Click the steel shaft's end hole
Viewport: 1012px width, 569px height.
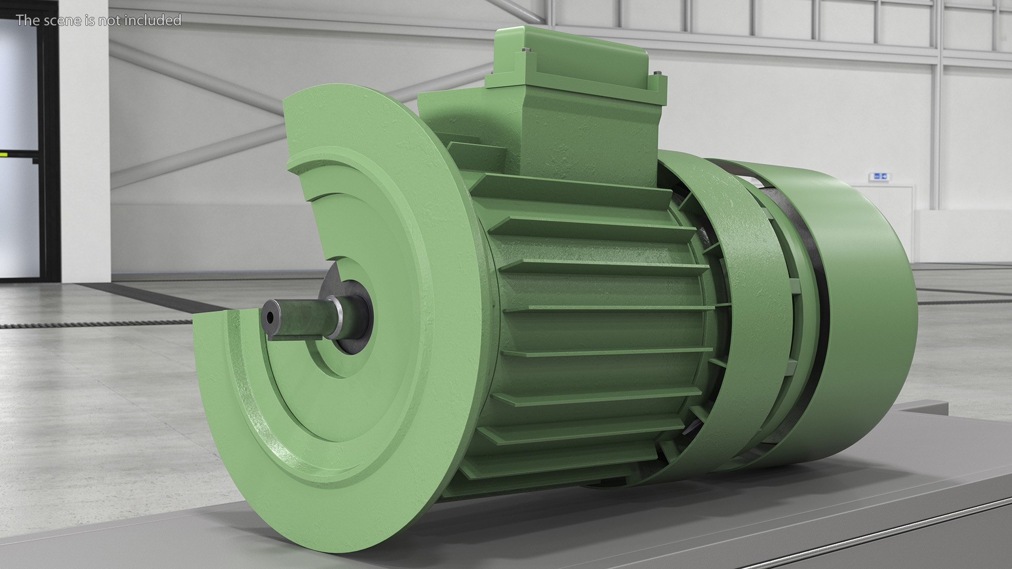coord(270,317)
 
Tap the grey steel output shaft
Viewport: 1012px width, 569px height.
coord(300,319)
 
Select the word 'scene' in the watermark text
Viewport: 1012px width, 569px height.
coord(73,21)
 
